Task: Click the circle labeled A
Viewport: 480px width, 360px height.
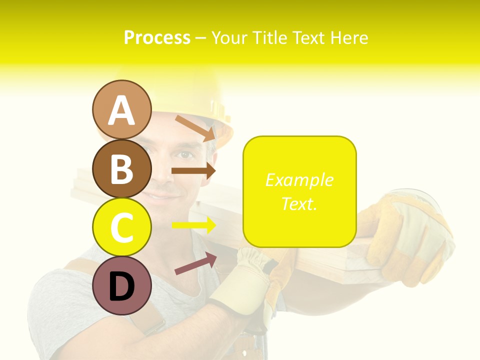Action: tap(121, 110)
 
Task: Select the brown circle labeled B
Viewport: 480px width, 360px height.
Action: tap(121, 168)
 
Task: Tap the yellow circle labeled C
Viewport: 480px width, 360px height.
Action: tap(121, 227)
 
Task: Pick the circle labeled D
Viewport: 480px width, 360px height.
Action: tap(121, 285)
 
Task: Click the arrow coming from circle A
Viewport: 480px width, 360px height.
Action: tap(195, 128)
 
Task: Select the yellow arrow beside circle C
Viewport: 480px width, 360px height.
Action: tap(193, 225)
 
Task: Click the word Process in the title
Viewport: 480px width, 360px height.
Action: tap(157, 37)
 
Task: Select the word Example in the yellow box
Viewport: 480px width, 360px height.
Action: tap(299, 180)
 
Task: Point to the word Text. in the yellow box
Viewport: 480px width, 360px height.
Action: tap(299, 203)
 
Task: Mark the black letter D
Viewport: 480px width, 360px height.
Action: tap(121, 286)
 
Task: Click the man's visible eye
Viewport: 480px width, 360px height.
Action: tap(185, 154)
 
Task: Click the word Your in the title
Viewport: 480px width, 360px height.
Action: tap(230, 37)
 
